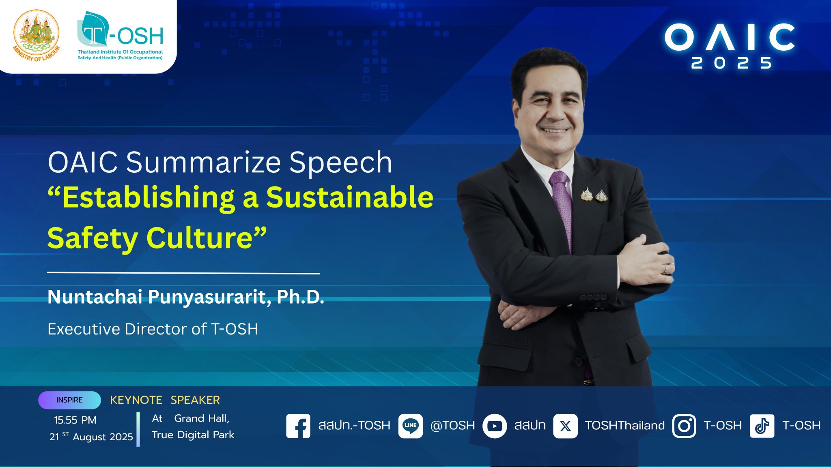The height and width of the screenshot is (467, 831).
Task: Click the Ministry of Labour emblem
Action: coord(37,36)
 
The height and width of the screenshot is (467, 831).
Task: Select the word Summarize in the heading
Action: coord(203,162)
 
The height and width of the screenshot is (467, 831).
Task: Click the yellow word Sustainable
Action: coord(350,197)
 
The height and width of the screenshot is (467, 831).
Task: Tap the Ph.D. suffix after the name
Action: coord(300,297)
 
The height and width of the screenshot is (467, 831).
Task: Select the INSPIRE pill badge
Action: coord(69,400)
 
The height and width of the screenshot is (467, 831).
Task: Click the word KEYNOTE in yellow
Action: coord(136,400)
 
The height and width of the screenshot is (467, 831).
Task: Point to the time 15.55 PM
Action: coord(75,420)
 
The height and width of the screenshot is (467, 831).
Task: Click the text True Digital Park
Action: coord(193,435)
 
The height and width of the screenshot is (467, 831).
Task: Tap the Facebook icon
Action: coord(298,426)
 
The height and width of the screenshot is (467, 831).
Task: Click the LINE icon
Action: coord(411,426)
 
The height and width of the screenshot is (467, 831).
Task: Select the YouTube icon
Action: coord(495,426)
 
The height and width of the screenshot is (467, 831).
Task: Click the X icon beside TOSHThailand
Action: coord(565,426)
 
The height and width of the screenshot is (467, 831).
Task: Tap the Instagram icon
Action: coord(684,426)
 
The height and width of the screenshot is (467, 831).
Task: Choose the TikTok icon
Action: coord(762,426)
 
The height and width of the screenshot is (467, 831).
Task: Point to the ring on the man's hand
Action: coord(665,269)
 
